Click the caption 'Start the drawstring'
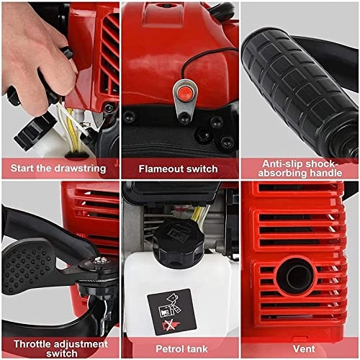click(58, 168)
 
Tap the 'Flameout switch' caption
click(179, 168)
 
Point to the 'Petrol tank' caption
click(179, 348)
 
